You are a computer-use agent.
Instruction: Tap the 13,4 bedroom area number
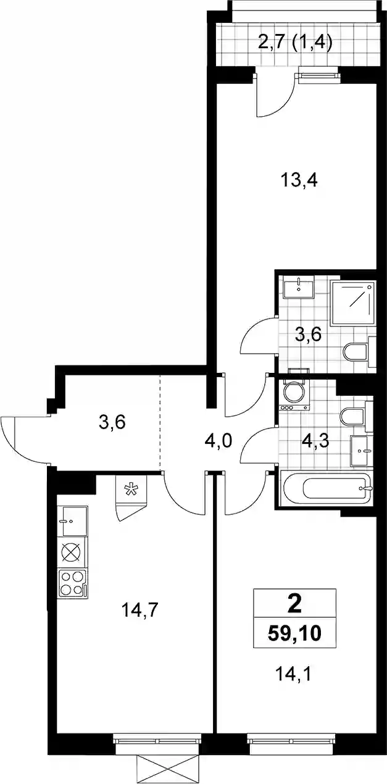[x=299, y=181]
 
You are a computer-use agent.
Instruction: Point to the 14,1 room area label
[x=293, y=673]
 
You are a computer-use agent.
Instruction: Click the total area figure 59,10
[x=294, y=633]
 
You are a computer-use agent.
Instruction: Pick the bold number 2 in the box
[x=294, y=605]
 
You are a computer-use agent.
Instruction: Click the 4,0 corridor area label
[x=218, y=442]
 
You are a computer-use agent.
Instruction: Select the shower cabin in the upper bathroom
[x=353, y=302]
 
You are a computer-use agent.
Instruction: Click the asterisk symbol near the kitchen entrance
[x=131, y=490]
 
